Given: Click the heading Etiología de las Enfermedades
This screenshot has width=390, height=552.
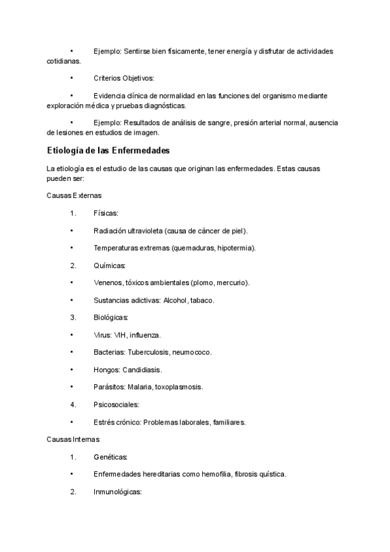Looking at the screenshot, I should tap(108, 151).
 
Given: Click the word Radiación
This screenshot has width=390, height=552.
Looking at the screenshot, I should tap(110, 230).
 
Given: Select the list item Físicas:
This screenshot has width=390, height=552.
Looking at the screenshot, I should tap(106, 213).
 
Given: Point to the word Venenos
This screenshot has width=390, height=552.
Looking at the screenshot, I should tap(109, 283).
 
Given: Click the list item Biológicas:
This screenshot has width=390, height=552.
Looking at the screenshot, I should tap(111, 318).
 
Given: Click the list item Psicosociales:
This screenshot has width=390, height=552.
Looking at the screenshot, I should tap(116, 404).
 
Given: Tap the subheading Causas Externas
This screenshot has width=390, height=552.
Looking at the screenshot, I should tap(74, 195).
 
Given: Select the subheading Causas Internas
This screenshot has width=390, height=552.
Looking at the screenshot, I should tap(73, 439).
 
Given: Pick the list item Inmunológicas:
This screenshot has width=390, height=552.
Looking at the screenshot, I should tap(118, 491).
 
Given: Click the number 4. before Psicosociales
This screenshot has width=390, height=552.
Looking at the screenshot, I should tap(73, 404).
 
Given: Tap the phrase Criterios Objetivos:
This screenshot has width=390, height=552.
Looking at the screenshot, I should tap(124, 78).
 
